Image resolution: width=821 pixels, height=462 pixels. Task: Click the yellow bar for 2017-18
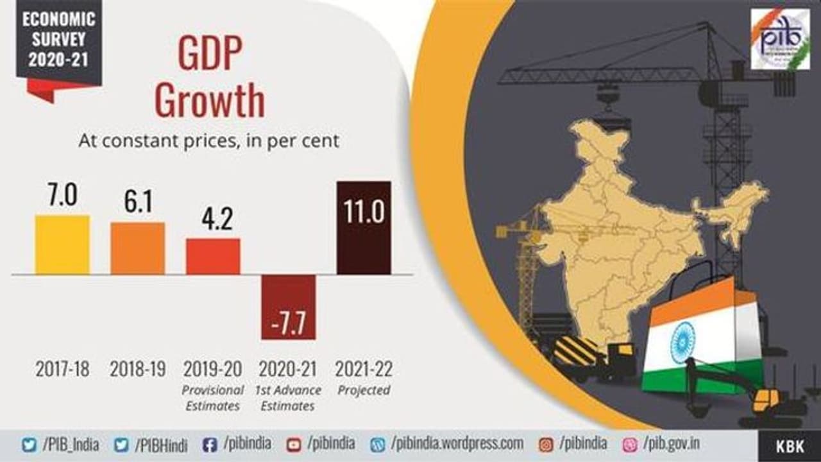point(62,244)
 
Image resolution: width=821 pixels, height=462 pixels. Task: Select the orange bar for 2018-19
point(137,248)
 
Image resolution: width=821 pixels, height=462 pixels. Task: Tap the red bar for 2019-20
point(213,256)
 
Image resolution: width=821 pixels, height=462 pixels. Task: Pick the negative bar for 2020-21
point(288,307)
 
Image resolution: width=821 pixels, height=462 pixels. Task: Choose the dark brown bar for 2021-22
point(364,228)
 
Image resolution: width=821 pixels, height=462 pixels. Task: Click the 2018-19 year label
point(137,370)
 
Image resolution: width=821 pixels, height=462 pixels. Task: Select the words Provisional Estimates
point(213,398)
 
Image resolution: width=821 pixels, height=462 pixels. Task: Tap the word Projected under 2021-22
point(364,390)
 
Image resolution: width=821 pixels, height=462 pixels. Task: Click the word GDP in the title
point(210,56)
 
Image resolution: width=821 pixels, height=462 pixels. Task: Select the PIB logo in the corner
point(780,39)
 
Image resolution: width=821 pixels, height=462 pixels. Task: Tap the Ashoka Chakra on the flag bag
point(682,341)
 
